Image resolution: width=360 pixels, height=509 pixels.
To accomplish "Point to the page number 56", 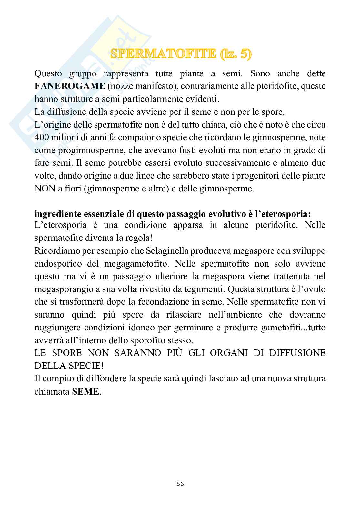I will pyautogui.click(x=180, y=484).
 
